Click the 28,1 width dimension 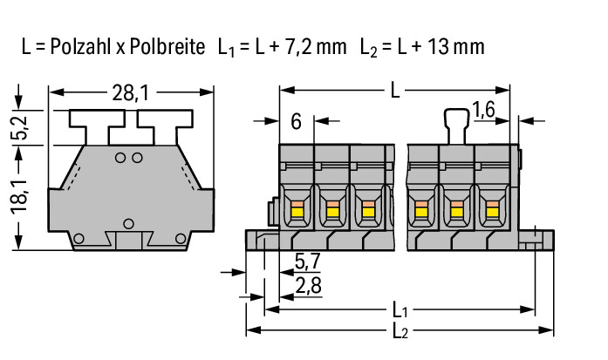[x=130, y=93]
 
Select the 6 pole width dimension [x=296, y=122]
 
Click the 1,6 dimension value [x=483, y=110]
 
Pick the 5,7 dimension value [x=308, y=262]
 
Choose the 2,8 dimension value [x=309, y=286]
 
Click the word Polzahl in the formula [x=80, y=46]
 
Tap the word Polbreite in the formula [x=167, y=46]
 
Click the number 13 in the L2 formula [x=438, y=46]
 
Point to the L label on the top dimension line [x=395, y=92]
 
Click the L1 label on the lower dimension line [x=400, y=310]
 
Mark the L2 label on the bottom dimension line [x=400, y=331]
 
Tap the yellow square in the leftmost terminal [x=296, y=212]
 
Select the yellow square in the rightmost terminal [x=492, y=212]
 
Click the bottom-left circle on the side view [x=79, y=239]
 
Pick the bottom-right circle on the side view [x=181, y=238]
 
